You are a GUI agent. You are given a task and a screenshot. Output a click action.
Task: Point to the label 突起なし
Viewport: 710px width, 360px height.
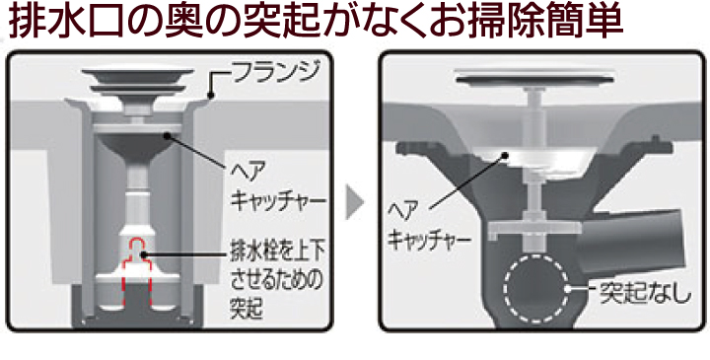point(645,294)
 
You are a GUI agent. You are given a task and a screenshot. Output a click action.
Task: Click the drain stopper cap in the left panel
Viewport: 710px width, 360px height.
point(138,80)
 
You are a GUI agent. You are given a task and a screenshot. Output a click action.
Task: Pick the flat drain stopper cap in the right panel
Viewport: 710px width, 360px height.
point(536,77)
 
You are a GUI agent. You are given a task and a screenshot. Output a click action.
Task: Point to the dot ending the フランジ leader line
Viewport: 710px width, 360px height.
point(211,96)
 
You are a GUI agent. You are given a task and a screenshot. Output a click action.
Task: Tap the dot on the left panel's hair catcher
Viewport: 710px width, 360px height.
point(168,135)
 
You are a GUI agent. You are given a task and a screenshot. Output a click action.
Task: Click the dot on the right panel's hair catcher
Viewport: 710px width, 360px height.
point(505,156)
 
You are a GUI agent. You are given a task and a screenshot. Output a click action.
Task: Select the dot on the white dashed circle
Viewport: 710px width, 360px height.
point(567,288)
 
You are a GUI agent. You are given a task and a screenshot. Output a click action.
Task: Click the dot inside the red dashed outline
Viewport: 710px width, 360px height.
point(144,254)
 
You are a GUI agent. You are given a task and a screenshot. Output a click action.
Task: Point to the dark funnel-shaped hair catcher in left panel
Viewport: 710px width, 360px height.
point(138,145)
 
